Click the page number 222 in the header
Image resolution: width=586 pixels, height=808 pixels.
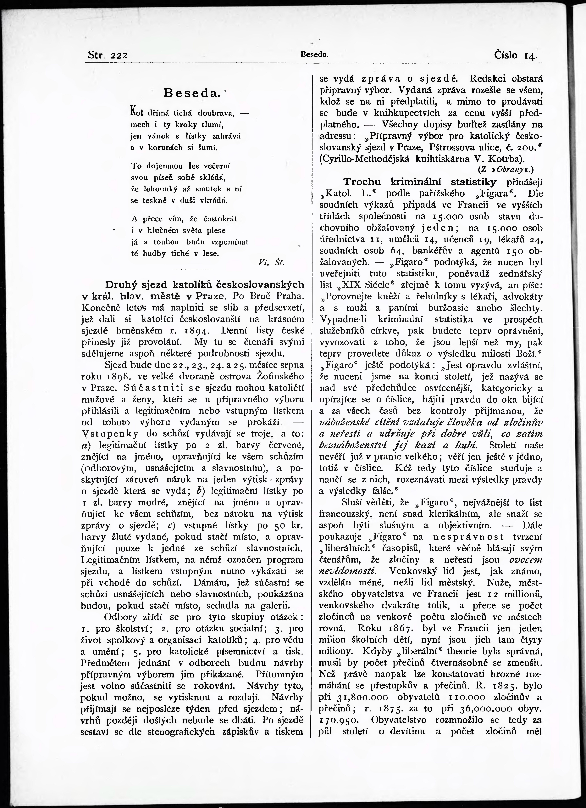click(x=119, y=56)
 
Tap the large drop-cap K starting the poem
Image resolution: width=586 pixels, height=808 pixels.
click(x=134, y=111)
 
